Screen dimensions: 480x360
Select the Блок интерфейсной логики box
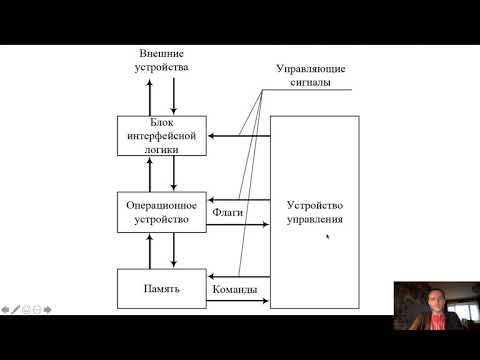coord(161,133)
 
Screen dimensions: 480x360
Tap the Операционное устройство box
coord(161,209)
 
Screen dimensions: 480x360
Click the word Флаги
coord(229,212)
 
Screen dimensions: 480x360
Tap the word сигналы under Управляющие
coord(313,84)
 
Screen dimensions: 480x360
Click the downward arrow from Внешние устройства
coord(174,98)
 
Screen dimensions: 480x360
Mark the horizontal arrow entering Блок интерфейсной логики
coord(240,135)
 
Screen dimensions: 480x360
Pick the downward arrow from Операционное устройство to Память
coord(174,249)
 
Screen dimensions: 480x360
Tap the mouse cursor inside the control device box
coord(327,238)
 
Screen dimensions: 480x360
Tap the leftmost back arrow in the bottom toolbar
coord(5,310)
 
